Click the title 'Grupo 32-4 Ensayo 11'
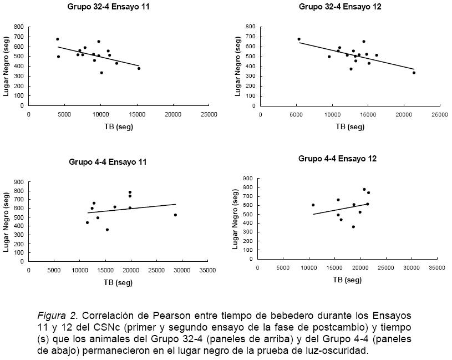coord(108,7)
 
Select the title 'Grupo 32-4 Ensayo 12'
coord(340,7)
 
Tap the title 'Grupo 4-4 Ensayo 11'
coord(108,162)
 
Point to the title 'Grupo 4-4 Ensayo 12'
coord(337,159)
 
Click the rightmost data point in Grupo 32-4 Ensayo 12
coord(414,73)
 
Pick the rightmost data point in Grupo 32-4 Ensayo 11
coord(139,68)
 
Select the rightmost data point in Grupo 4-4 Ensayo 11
coord(175,215)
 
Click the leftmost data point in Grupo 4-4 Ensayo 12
coord(313,205)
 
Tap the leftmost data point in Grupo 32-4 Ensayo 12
coord(299,39)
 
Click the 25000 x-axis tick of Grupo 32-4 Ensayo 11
coord(209,114)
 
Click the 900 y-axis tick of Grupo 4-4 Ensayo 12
coord(248,179)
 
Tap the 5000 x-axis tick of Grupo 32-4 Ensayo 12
coord(296,114)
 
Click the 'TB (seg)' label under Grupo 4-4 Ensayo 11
coord(118,282)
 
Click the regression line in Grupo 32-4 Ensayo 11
coord(100,57)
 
